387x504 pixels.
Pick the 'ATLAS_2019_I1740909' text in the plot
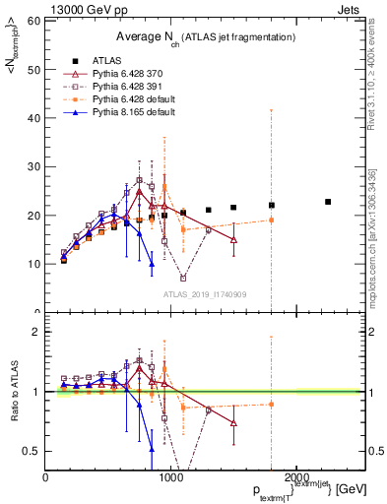[x=204, y=294]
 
